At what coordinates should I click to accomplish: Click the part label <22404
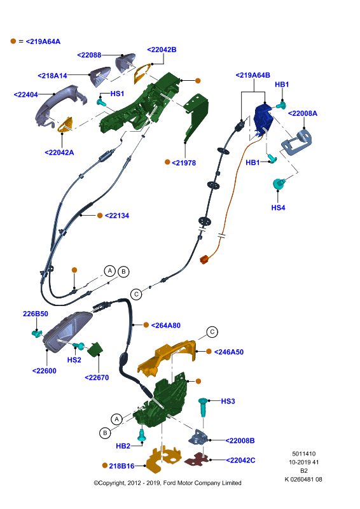point(26,94)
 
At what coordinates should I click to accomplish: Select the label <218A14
point(52,76)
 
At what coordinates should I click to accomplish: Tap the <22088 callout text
point(89,55)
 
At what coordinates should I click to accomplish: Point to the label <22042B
point(162,50)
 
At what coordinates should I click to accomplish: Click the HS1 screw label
point(117,94)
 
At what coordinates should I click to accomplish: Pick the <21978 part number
point(184,163)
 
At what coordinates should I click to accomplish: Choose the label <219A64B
point(253,75)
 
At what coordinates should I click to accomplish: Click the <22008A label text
point(303,113)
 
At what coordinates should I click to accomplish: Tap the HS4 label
point(278,208)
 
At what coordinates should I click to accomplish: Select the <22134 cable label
point(117,216)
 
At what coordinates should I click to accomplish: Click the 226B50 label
point(36,314)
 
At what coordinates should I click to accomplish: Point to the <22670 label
point(97,377)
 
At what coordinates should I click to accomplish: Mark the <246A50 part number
point(229,352)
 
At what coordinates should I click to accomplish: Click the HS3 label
point(228,401)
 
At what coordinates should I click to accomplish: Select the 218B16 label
point(121,466)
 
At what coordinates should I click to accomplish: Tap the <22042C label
point(240,460)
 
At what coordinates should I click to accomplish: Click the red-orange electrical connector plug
point(205,260)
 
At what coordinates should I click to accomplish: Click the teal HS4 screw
point(279,184)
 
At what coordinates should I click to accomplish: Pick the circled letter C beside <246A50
point(212,332)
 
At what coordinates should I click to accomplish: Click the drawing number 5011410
point(304,454)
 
